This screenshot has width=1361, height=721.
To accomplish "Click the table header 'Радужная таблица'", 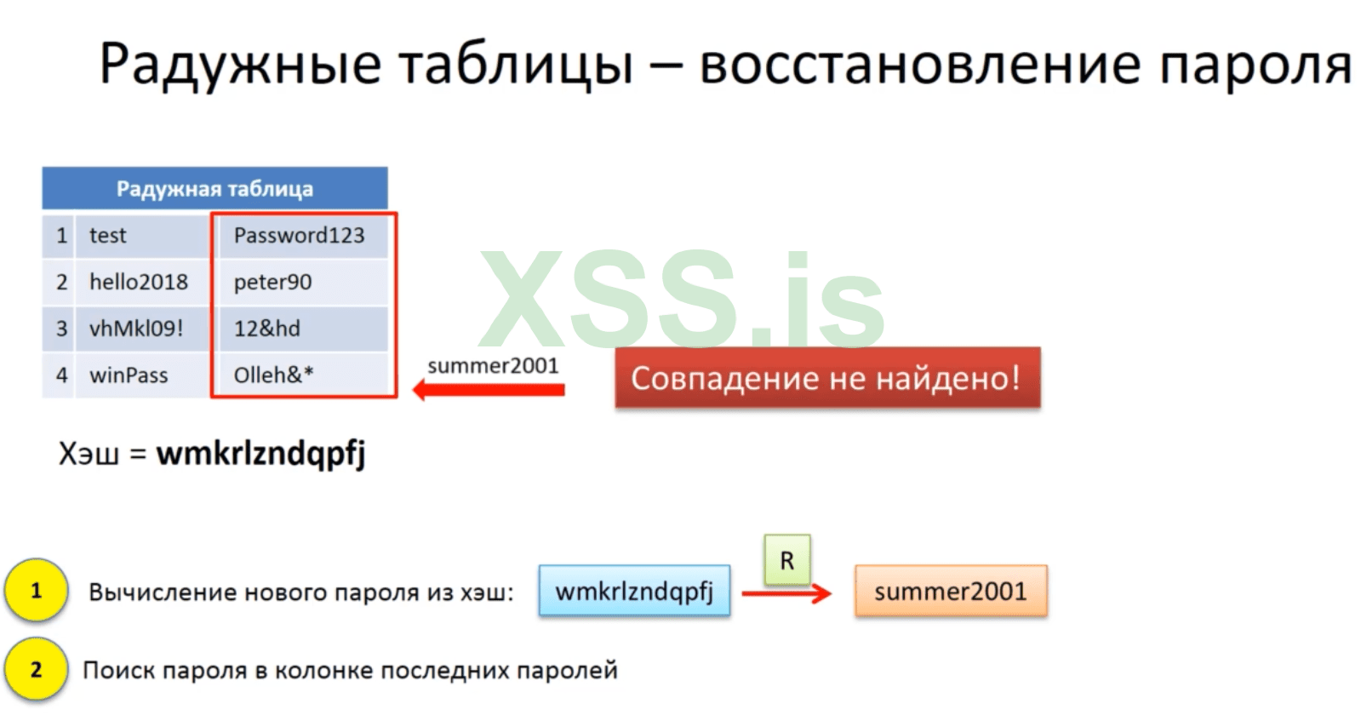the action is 214,188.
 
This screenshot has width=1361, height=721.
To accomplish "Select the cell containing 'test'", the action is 142,235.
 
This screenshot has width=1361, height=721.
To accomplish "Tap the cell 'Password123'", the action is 302,235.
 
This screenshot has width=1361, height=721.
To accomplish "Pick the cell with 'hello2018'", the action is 142,282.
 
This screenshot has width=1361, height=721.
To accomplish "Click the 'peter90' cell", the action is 302,282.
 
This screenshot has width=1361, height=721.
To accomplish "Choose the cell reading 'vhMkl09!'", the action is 142,329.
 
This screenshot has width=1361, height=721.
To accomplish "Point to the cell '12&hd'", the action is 302,329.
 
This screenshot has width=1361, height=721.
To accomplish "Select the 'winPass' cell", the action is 142,375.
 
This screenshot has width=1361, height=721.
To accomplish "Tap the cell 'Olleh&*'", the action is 302,375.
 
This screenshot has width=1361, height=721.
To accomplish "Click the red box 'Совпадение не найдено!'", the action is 827,378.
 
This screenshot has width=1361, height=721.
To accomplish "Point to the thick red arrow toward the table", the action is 489,389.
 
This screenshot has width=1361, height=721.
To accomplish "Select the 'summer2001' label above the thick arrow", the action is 493,366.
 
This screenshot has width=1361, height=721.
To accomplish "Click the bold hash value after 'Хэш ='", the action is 260,453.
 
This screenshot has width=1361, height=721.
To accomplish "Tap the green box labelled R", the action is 786,560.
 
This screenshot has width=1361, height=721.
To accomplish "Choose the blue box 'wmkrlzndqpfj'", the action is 634,591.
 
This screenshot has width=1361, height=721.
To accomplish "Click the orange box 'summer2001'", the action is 951,591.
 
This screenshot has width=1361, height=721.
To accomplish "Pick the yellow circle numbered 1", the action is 37,591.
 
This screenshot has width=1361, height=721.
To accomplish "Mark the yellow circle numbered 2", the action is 37,669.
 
